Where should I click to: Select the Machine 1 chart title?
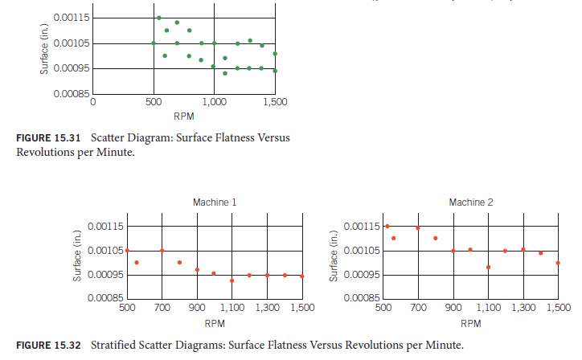point(215,202)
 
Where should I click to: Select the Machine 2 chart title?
point(471,202)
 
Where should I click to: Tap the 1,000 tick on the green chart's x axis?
point(214,103)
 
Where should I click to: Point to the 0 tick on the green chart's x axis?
point(92,103)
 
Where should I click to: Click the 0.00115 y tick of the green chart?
point(72,18)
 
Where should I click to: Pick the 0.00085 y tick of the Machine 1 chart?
point(105,298)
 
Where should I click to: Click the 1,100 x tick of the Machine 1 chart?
point(232,308)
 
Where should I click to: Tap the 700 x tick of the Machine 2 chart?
point(418,308)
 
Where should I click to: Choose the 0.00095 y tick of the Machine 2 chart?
point(363,275)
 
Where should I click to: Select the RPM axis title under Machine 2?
point(471,323)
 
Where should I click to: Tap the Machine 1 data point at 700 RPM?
point(162,250)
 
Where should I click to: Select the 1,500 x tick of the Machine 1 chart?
point(301,308)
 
